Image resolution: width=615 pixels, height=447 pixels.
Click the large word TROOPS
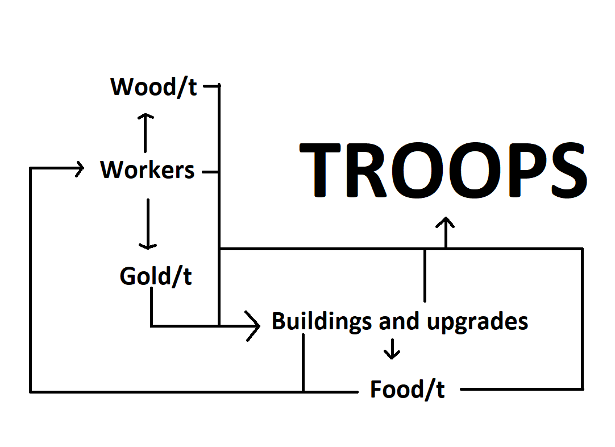442,170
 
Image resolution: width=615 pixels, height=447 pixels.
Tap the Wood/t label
154,87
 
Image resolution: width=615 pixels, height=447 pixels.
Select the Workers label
147,169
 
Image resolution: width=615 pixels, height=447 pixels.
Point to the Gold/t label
156,276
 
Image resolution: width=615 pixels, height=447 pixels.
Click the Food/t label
407,390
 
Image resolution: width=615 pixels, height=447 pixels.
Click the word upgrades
477,322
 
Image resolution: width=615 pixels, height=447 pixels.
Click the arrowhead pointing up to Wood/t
146,117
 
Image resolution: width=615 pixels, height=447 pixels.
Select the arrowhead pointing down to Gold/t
148,245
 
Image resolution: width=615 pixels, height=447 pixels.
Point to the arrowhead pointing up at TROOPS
446,221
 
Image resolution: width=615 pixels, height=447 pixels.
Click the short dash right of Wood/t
210,86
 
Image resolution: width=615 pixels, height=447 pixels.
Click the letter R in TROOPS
371,170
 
